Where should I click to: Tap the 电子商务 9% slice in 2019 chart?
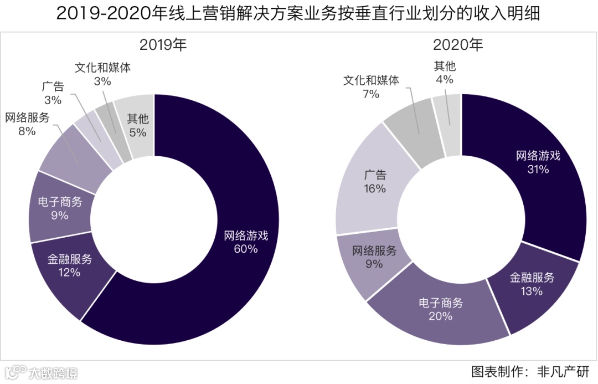tap(60, 208)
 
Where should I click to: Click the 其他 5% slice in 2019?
tap(137, 126)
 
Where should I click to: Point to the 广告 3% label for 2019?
tap(53, 93)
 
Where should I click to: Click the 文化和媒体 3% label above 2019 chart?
tap(103, 74)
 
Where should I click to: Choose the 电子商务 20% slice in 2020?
tap(440, 310)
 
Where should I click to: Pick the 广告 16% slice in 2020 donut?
tap(375, 182)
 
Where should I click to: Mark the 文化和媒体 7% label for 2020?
tap(370, 87)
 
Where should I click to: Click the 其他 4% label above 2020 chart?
tap(445, 73)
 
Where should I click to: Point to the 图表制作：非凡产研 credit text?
tap(530, 370)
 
